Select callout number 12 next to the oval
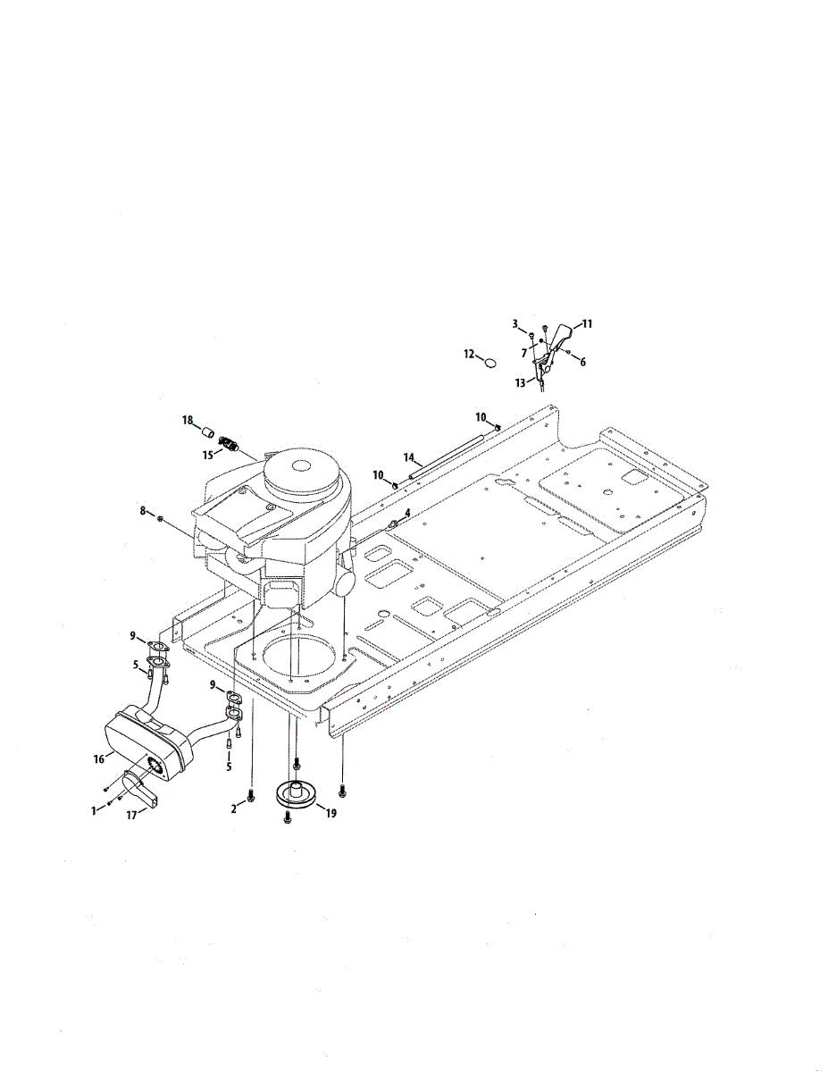(x=469, y=355)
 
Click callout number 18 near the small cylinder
(x=188, y=419)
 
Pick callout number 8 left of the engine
(x=142, y=510)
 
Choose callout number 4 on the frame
(x=407, y=513)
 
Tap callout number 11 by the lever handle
(x=588, y=324)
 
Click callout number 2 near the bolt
(x=234, y=808)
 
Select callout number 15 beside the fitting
(x=207, y=454)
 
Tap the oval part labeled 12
(x=489, y=363)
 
